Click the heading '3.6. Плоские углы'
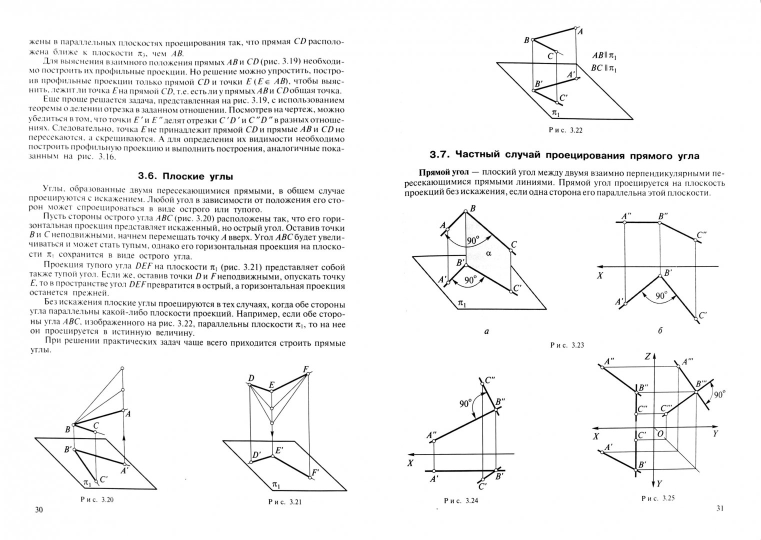185,176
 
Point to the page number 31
720,508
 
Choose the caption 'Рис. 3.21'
285,501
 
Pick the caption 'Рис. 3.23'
567,345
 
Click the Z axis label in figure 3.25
647,356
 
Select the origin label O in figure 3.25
660,433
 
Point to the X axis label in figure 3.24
410,463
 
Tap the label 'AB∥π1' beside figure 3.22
604,55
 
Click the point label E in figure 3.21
271,385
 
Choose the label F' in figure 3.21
315,472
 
